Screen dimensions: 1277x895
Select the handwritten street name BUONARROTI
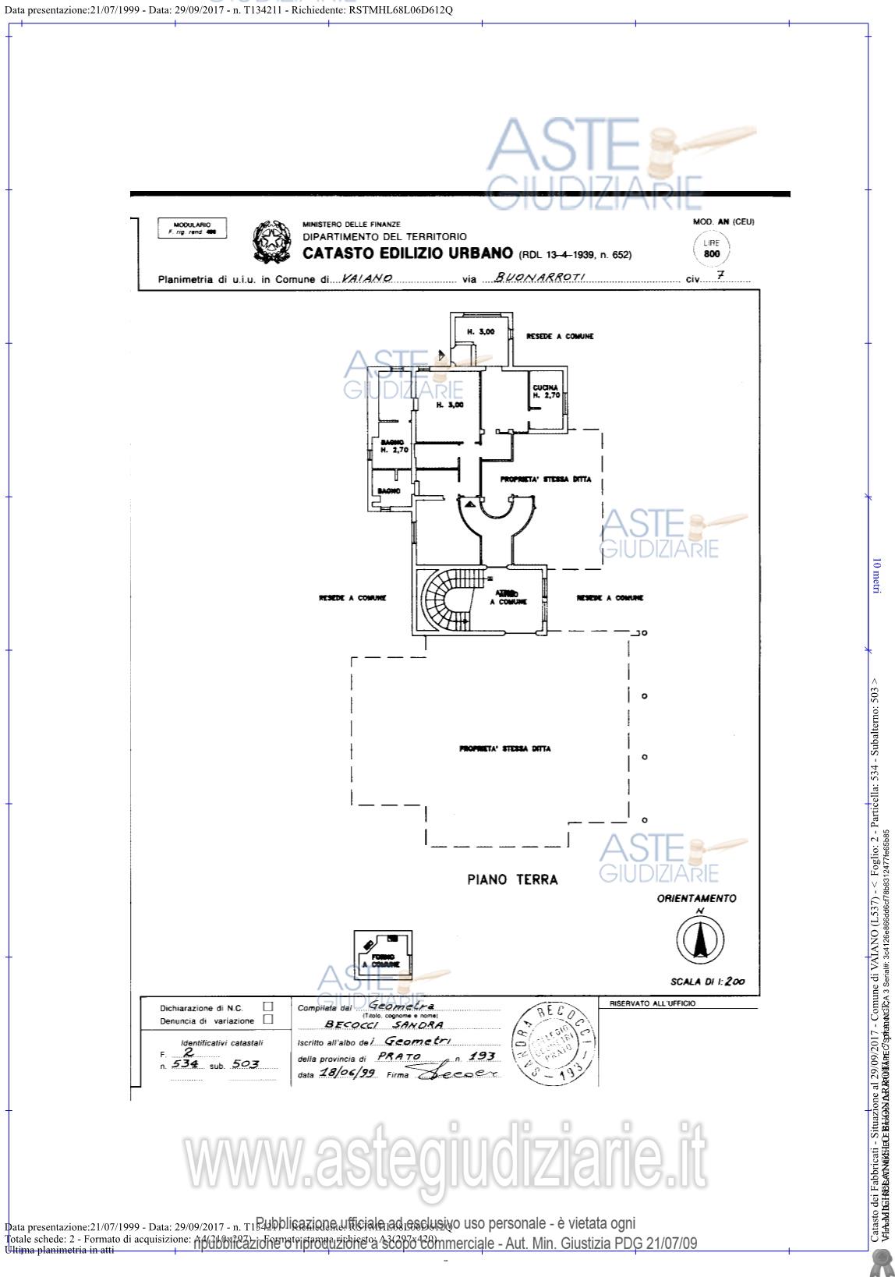[x=539, y=278]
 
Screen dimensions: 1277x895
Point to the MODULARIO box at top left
[x=192, y=228]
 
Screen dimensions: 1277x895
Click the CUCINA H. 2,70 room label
[x=547, y=391]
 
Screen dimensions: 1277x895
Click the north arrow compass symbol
[x=699, y=936]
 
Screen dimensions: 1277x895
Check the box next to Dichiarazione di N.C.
[x=268, y=1007]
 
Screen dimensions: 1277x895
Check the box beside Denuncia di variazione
[x=268, y=1019]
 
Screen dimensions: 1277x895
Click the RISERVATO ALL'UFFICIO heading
[x=653, y=1003]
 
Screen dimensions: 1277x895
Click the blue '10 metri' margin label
[x=876, y=575]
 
